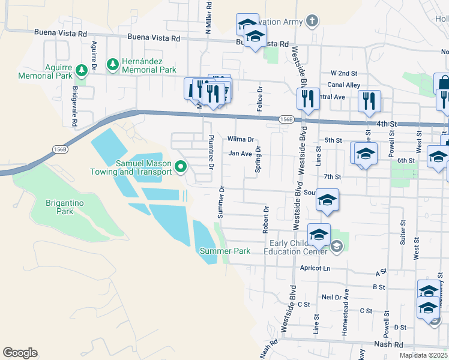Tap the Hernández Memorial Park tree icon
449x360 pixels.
(112, 64)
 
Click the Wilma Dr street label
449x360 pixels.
(241, 139)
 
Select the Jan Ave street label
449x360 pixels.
(240, 154)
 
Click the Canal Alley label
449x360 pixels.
(343, 85)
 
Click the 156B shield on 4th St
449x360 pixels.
(286, 120)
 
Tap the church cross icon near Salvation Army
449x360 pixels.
(311, 22)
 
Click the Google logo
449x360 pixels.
(20, 353)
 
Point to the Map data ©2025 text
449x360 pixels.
(423, 355)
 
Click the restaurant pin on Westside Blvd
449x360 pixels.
(308, 99)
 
